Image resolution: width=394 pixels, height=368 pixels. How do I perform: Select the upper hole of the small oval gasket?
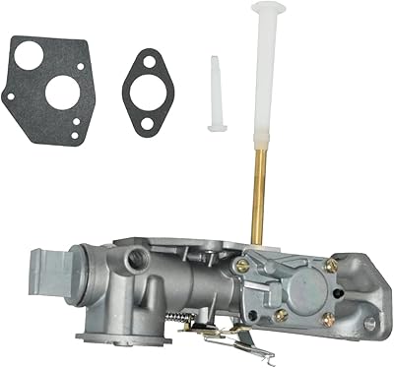click(149, 63)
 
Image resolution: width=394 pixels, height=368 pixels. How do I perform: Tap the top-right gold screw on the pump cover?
click(332, 265)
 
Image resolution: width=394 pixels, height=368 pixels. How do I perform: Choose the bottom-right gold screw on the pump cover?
click(328, 318)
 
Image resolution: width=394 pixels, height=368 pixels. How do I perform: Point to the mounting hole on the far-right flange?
click(369, 323)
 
